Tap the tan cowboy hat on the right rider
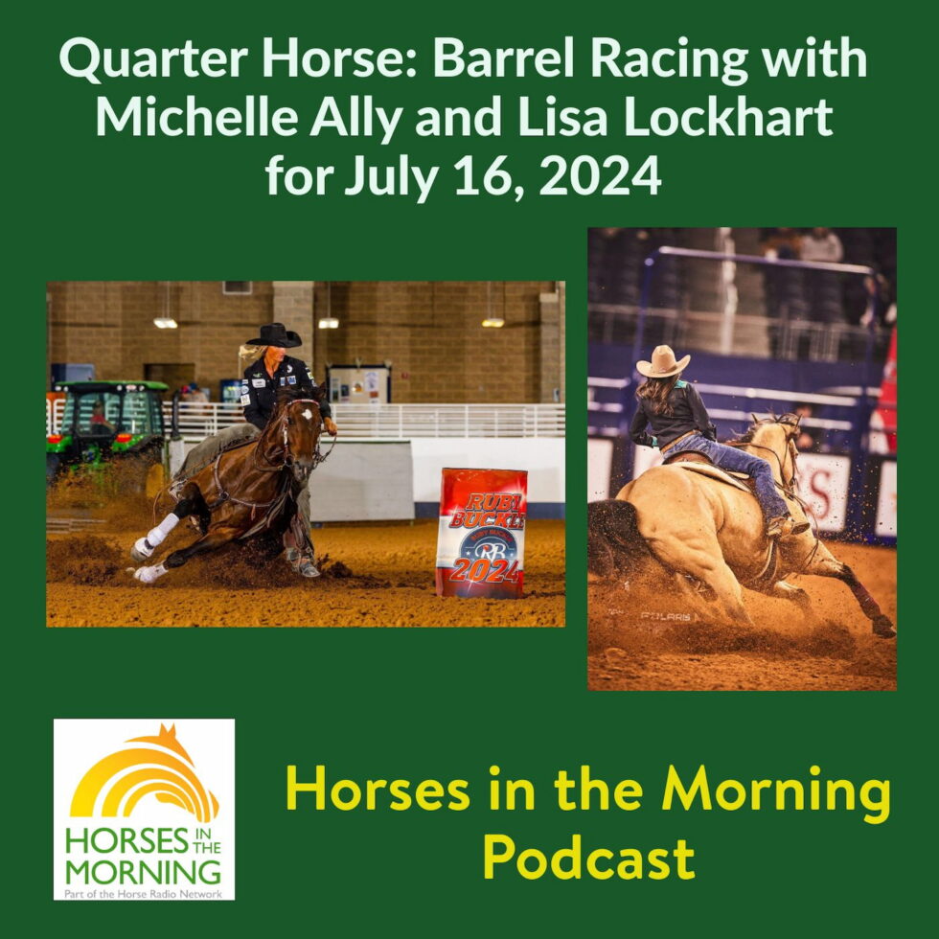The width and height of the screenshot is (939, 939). click(x=662, y=361)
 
